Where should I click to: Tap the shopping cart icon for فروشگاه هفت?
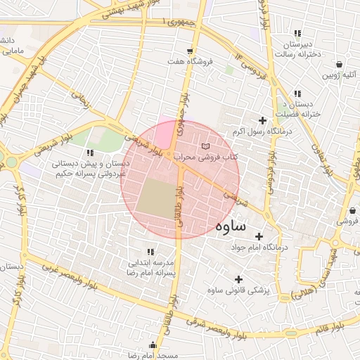click(190, 51)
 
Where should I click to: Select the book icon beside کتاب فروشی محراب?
click(205, 146)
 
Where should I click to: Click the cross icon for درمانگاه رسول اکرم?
click(263, 121)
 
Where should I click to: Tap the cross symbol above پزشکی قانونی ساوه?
click(239, 279)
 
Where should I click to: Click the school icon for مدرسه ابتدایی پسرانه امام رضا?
click(150, 251)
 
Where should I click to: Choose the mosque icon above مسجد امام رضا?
click(153, 345)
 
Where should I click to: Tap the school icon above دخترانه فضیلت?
click(298, 94)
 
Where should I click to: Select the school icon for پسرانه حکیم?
click(89, 153)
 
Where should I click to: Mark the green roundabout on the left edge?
click(11, 162)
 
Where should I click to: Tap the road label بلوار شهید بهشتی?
click(105, 9)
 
